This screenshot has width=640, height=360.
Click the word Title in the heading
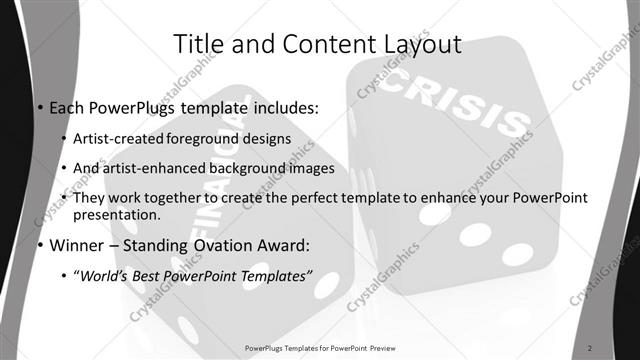pyautogui.click(x=199, y=44)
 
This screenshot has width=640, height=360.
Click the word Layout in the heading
pyautogui.click(x=420, y=44)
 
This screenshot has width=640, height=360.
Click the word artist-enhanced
pyautogui.click(x=150, y=167)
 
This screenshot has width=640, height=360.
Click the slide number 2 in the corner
pyautogui.click(x=590, y=347)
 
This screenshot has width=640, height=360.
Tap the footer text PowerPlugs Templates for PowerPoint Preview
pyautogui.click(x=319, y=347)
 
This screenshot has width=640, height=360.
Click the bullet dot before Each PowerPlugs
pyautogui.click(x=38, y=107)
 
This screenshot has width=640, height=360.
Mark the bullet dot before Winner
pyautogui.click(x=38, y=246)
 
